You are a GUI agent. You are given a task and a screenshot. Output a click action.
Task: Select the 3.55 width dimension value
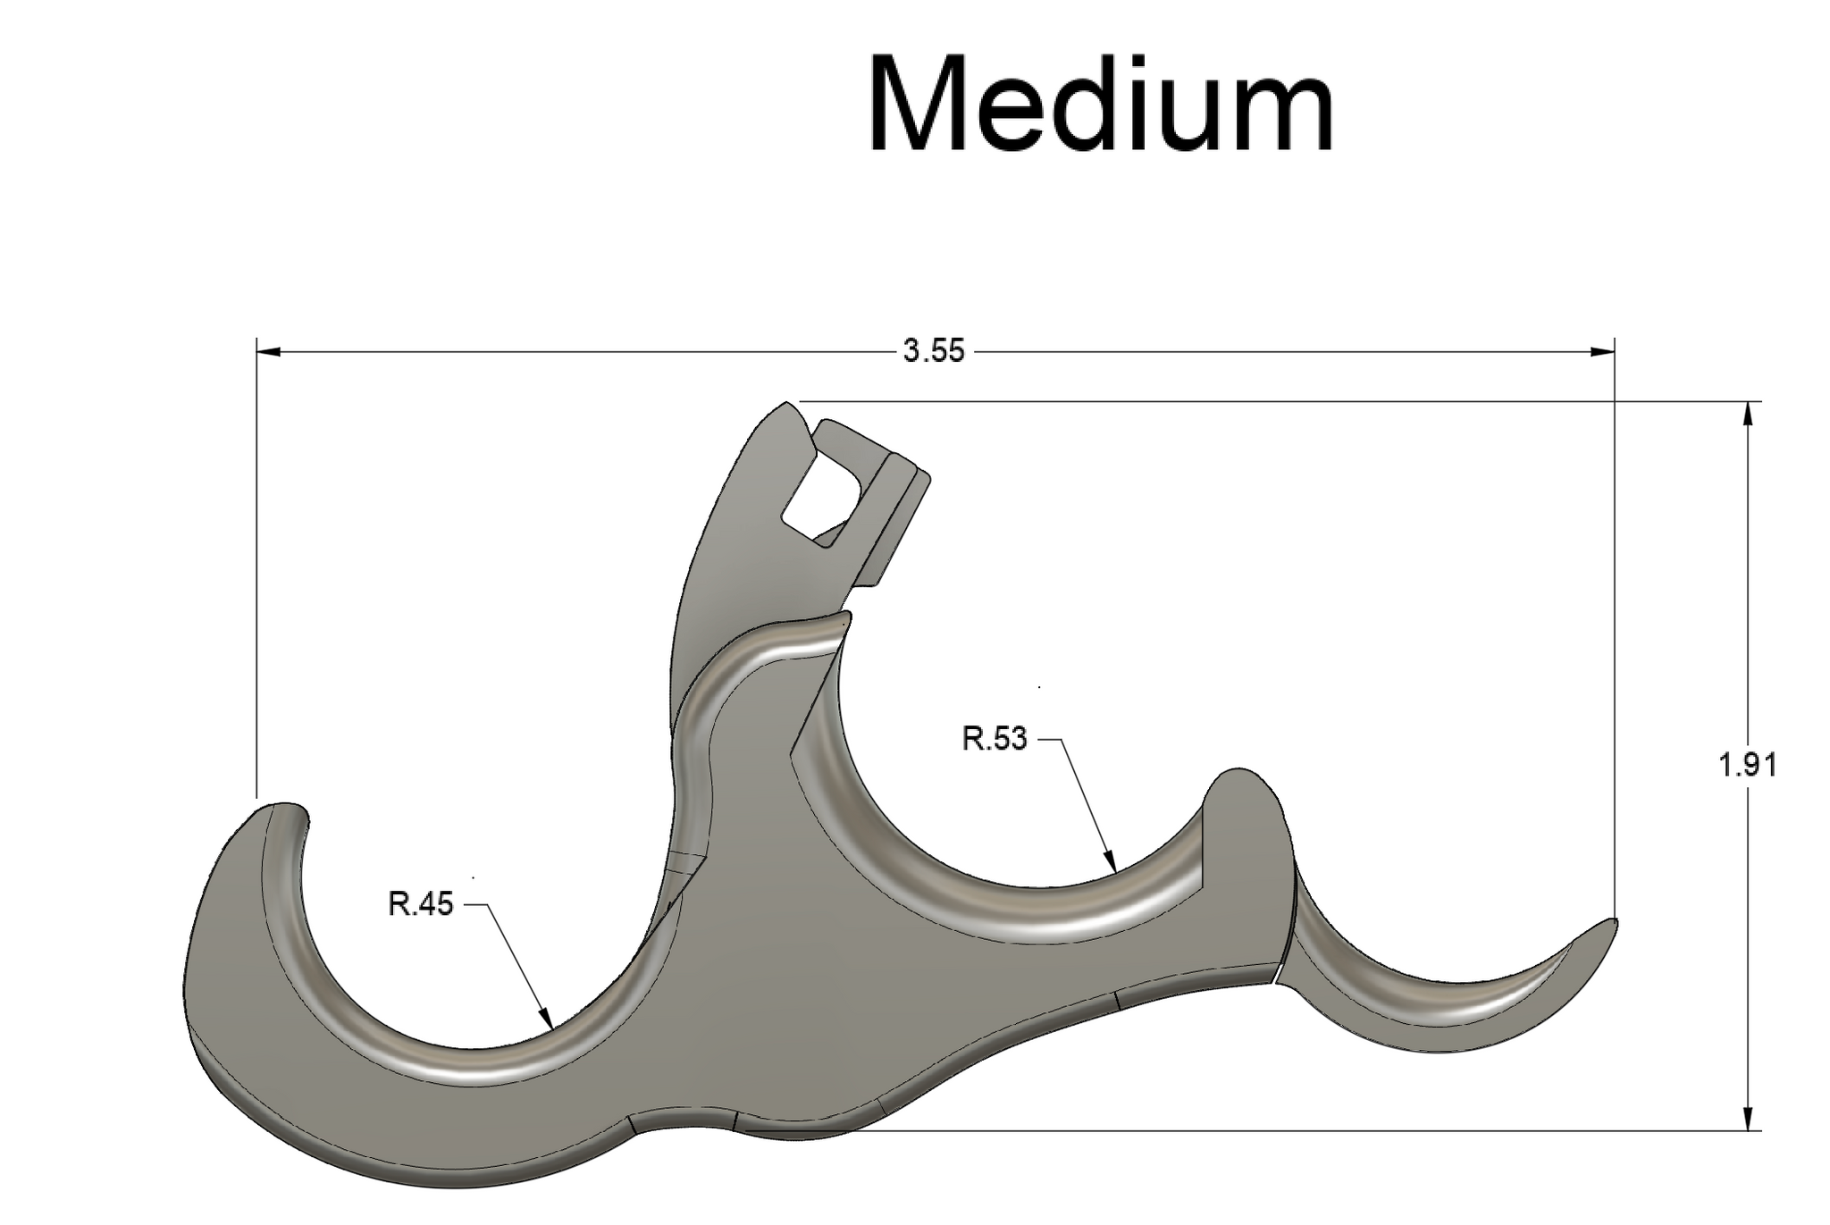click(x=934, y=352)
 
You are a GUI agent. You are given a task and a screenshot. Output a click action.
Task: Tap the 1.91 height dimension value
click(x=1747, y=765)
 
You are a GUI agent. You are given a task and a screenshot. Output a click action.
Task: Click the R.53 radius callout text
click(x=994, y=739)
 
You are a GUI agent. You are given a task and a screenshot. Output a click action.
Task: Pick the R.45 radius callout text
click(x=420, y=904)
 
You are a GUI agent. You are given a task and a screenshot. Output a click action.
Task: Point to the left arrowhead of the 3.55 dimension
click(x=267, y=352)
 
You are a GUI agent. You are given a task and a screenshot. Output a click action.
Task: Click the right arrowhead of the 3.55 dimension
click(x=1604, y=352)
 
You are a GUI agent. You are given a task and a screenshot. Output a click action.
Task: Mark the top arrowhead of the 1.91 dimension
click(x=1748, y=412)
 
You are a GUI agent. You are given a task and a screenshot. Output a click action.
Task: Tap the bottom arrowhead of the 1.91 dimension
click(x=1748, y=1121)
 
